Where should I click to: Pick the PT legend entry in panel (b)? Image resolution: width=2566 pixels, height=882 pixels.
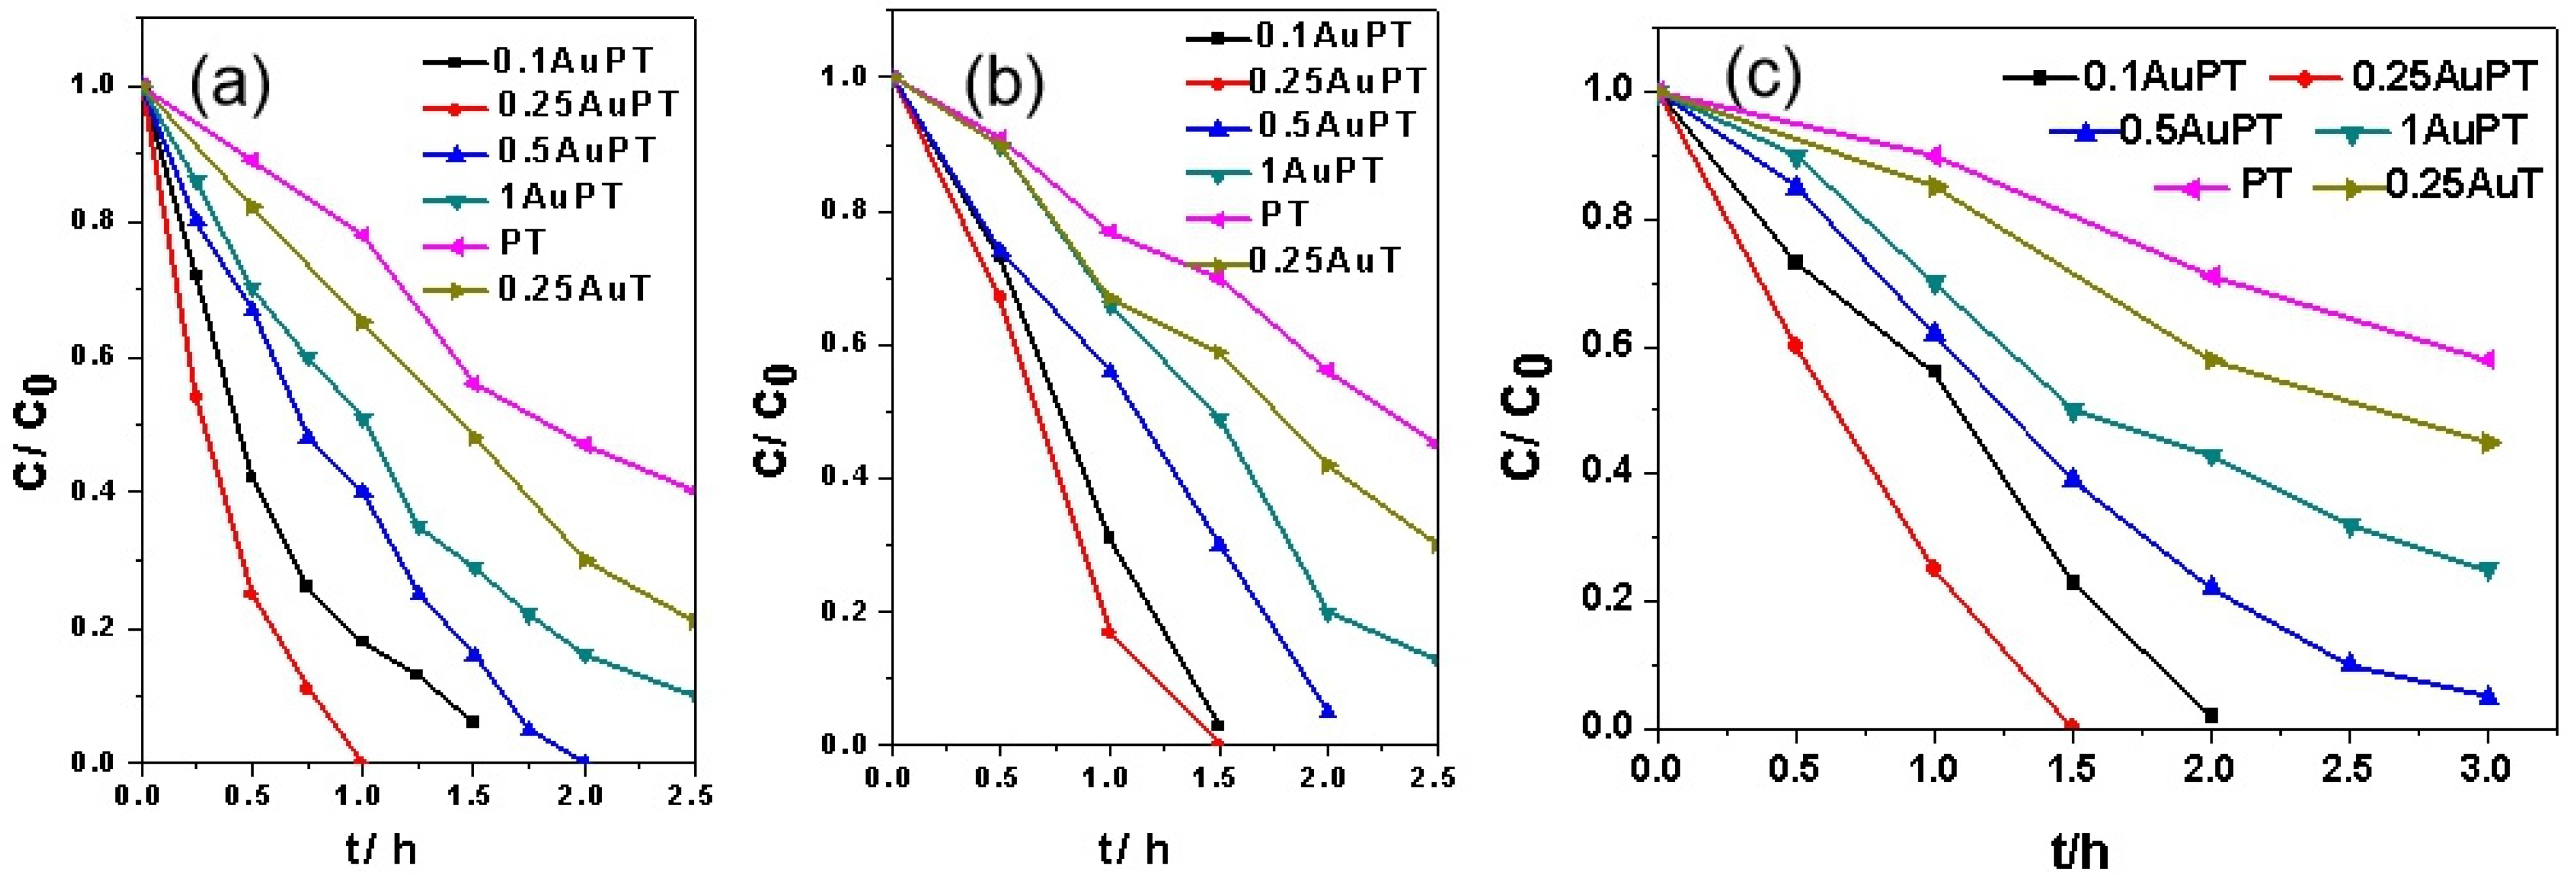coord(1283,214)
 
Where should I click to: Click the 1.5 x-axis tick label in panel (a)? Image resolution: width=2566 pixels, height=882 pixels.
coord(471,795)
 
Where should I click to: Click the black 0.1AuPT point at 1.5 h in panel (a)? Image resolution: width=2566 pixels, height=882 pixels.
coord(472,720)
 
